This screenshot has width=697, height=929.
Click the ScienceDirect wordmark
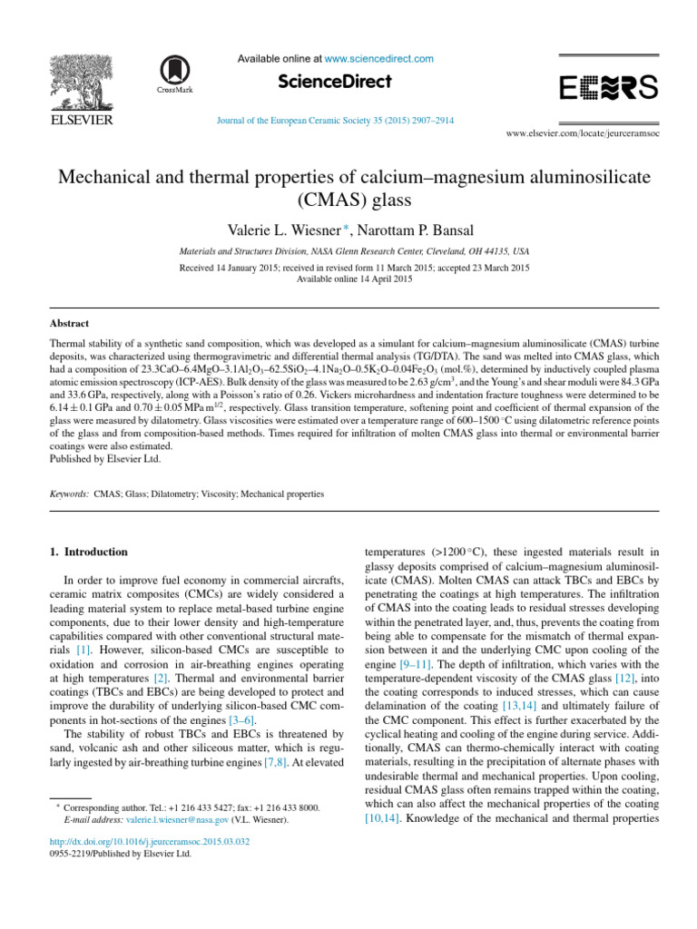(335, 82)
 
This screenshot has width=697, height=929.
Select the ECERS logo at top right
(608, 87)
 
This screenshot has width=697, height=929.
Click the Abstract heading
(69, 323)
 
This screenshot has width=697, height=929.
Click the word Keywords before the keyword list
(69, 494)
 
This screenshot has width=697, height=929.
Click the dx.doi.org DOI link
(150, 841)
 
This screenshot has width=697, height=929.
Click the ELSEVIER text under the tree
(81, 120)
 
